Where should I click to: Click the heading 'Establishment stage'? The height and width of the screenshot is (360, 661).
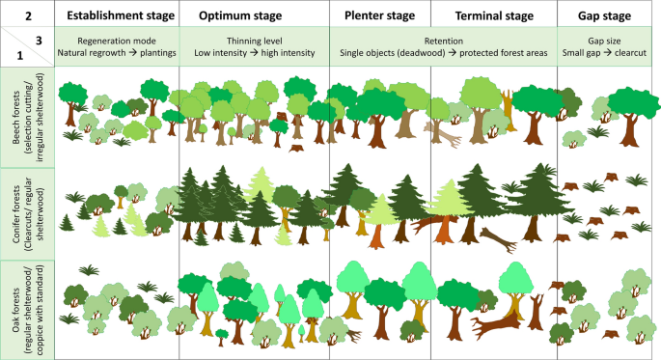coord(118,16)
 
